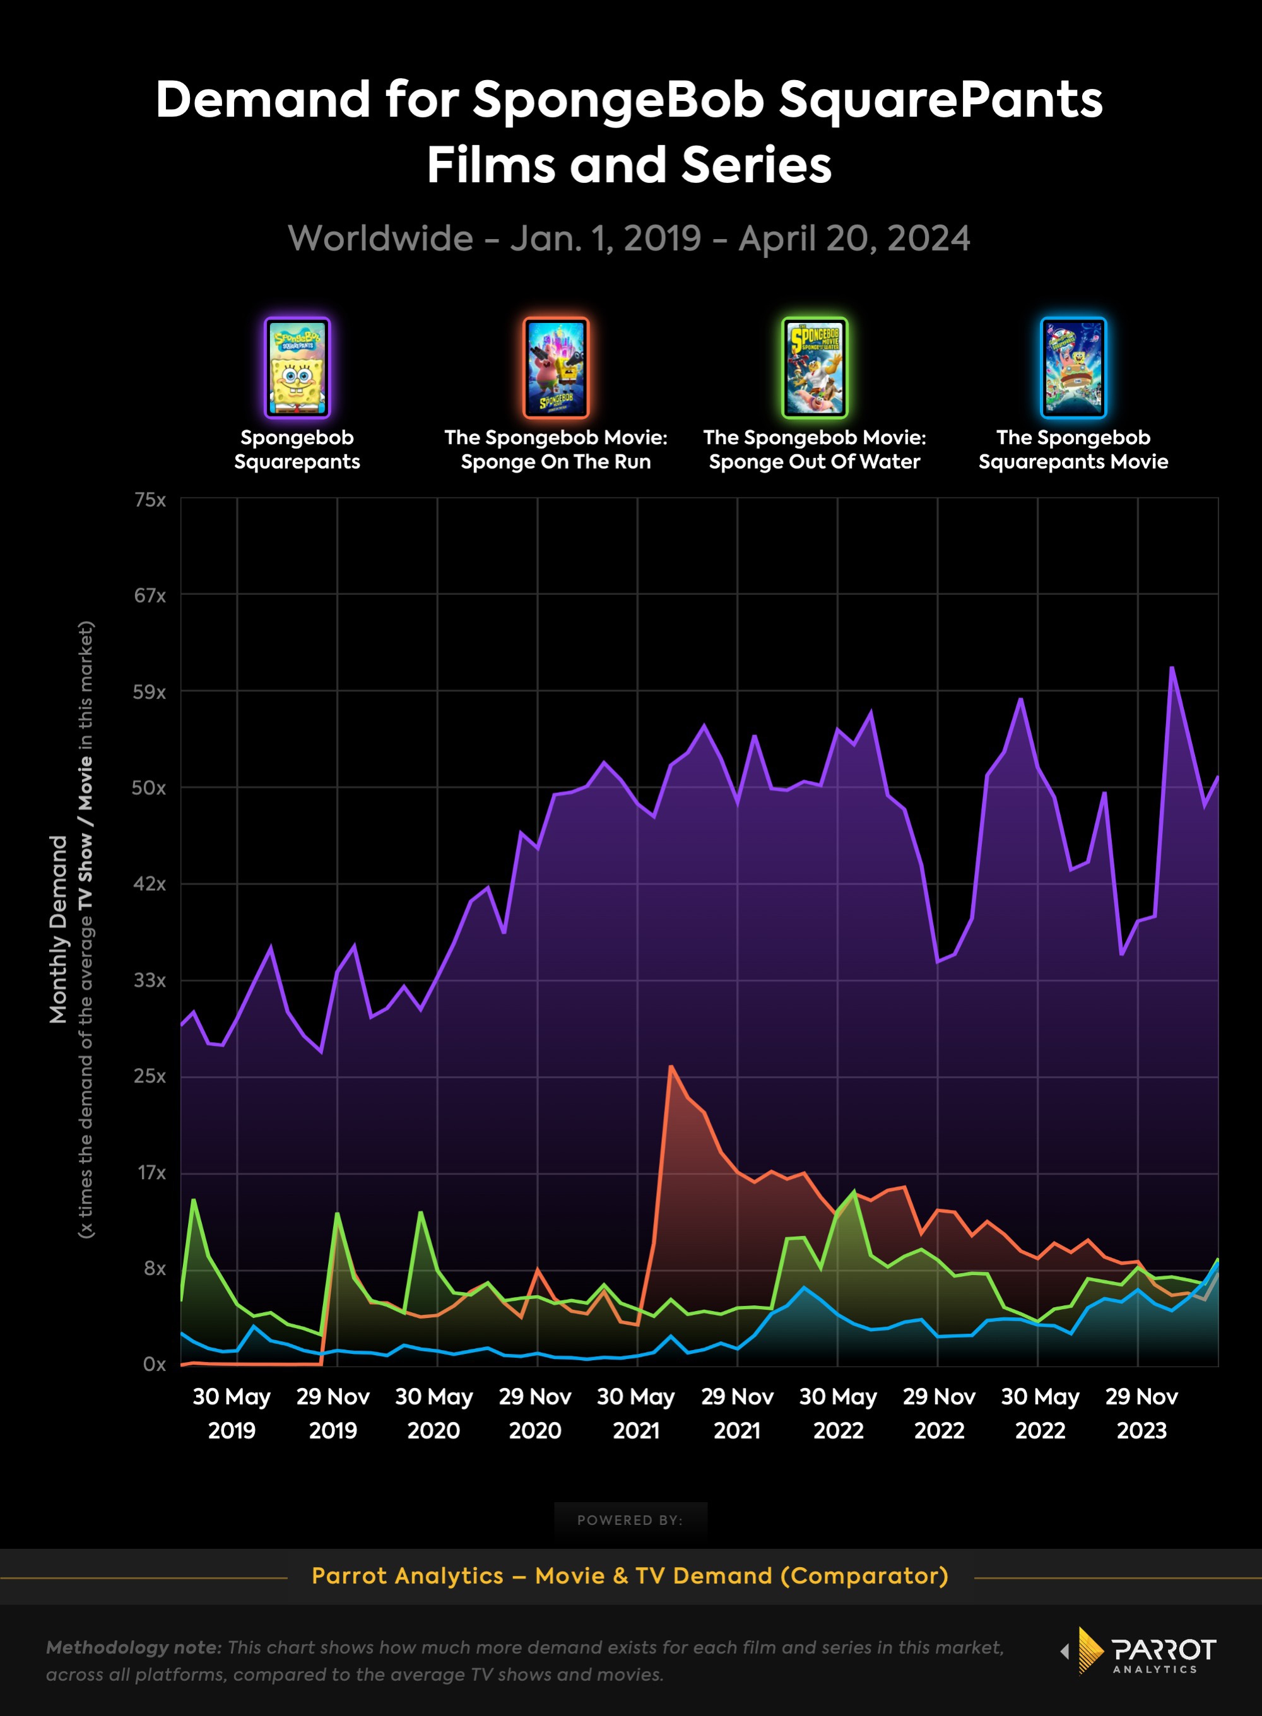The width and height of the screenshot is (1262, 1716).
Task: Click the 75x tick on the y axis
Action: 150,500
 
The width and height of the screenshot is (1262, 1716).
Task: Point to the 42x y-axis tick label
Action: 149,884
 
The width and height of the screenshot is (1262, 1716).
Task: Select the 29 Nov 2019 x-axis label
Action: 333,1413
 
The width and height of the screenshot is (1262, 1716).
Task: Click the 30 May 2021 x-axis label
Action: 635,1413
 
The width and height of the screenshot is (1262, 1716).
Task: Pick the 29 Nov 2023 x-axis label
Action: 1141,1413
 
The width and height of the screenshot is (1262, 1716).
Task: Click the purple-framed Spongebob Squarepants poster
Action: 297,368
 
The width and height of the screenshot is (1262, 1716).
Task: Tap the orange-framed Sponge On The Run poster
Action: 555,368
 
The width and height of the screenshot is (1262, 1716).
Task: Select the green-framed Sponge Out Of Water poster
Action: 815,368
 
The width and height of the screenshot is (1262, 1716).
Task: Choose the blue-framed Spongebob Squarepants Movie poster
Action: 1073,368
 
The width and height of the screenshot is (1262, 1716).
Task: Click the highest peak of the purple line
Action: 1171,667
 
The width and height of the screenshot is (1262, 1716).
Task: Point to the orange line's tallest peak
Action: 670,1066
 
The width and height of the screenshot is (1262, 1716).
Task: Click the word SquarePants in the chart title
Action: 940,100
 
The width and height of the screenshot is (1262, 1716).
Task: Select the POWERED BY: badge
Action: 630,1520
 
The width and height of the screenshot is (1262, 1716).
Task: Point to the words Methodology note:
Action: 134,1647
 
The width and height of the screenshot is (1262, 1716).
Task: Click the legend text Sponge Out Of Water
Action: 815,461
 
